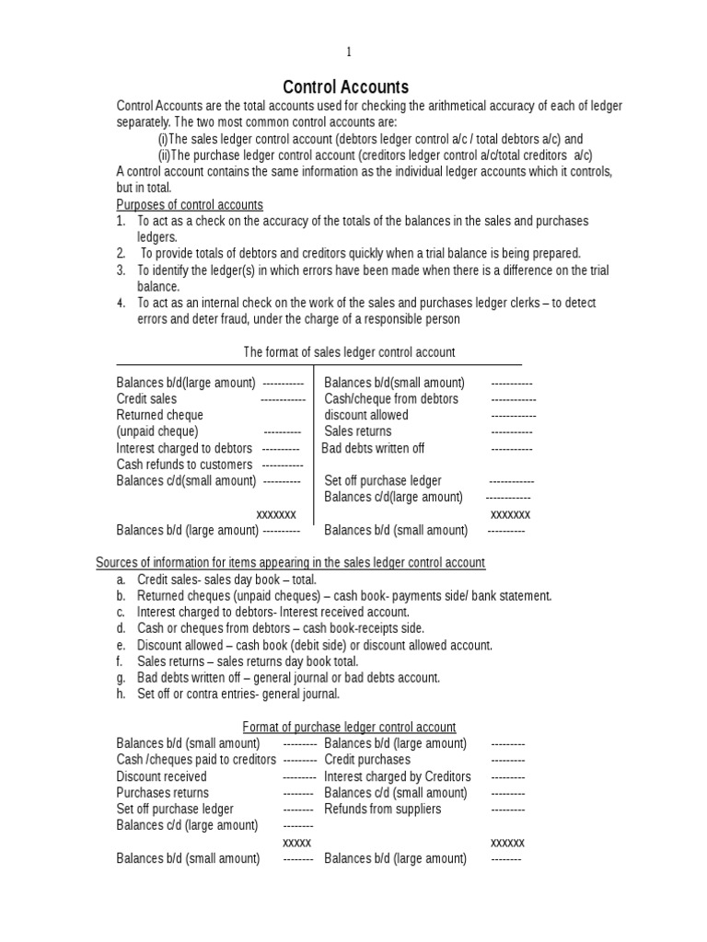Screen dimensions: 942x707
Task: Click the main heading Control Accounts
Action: click(345, 87)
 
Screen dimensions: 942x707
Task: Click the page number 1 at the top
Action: click(348, 52)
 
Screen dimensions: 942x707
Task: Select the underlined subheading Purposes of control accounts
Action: click(190, 204)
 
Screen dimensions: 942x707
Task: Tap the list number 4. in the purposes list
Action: click(121, 303)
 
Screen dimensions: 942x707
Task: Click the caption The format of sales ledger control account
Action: click(349, 352)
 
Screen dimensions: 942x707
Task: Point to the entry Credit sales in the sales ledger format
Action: click(146, 399)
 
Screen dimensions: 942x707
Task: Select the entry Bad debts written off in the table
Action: click(373, 448)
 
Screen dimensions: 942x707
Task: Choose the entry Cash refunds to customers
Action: click(184, 465)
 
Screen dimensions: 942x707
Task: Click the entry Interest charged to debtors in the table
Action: click(184, 448)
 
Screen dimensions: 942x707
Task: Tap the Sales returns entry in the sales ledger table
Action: click(358, 431)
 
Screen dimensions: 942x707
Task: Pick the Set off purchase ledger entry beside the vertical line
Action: click(383, 481)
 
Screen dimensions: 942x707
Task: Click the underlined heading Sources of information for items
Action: click(291, 562)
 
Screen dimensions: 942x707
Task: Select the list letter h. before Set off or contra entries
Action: click(121, 695)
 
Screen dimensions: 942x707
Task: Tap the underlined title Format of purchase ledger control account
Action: click(349, 727)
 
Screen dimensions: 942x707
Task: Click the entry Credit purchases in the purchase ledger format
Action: click(367, 760)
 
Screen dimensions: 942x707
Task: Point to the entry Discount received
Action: click(161, 776)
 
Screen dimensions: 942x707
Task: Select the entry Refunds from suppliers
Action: click(383, 810)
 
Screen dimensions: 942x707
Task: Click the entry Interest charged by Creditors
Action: click(398, 776)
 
